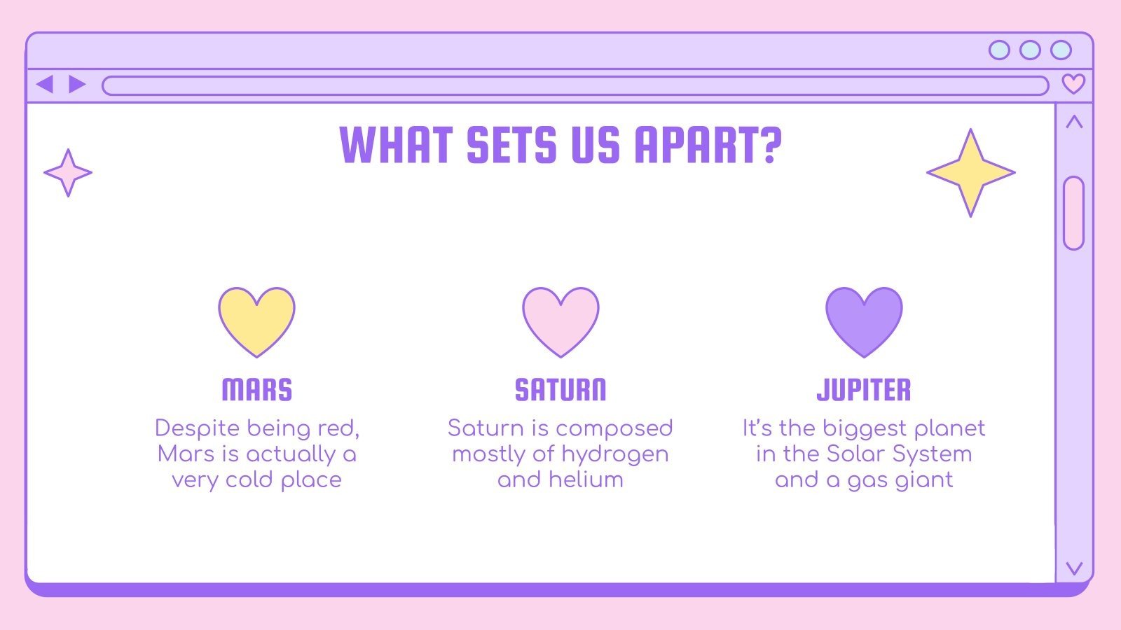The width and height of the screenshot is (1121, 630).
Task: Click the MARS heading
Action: click(x=256, y=390)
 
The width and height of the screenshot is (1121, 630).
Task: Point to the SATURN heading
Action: click(x=560, y=390)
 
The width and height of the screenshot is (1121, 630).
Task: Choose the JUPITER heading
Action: click(x=864, y=390)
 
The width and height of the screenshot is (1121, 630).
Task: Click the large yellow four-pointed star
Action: click(x=971, y=173)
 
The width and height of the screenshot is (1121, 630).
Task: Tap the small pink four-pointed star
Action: click(x=68, y=172)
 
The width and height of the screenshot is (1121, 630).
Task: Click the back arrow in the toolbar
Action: click(x=45, y=85)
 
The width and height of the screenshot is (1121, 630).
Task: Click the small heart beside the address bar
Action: click(x=1073, y=83)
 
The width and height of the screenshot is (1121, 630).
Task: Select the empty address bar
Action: click(x=575, y=85)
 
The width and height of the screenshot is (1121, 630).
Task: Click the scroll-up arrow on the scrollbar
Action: click(x=1074, y=122)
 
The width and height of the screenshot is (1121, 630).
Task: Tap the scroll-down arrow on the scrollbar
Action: click(x=1074, y=568)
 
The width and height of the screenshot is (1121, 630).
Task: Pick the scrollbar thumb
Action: click(x=1073, y=213)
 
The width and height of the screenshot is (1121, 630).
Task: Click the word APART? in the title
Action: click(x=708, y=145)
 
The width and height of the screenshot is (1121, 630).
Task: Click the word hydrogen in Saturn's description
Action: click(x=615, y=455)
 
